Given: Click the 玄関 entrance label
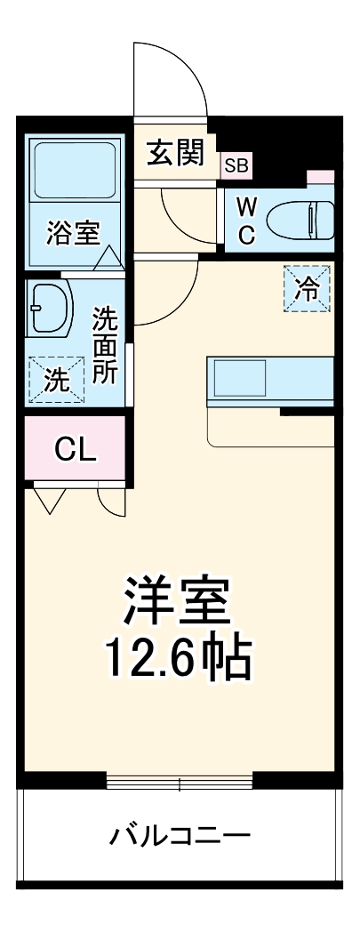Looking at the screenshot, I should coord(176,152).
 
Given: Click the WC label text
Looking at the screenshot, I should coord(247,221).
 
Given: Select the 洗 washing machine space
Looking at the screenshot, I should coord(56,381).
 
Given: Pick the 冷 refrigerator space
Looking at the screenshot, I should coord(306,289).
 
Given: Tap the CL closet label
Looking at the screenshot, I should coord(75,449).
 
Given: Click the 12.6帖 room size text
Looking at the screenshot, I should coord(179,658).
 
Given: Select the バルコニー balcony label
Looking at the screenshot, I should coord(180,836).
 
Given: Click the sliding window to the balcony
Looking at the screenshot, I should coord(180,783).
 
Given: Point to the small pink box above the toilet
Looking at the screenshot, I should coord(321,177).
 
